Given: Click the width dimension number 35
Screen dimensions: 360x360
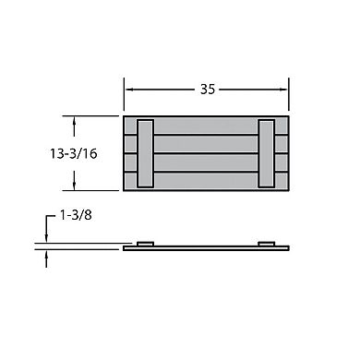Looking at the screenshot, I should pyautogui.click(x=208, y=90).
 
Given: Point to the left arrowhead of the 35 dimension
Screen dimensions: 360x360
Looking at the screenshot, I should pyautogui.click(x=128, y=90).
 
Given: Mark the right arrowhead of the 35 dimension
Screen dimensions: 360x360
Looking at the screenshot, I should pyautogui.click(x=285, y=90).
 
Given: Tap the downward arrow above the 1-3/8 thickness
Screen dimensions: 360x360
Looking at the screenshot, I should pyautogui.click(x=46, y=239).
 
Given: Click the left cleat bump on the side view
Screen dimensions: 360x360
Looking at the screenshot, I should pyautogui.click(x=145, y=244).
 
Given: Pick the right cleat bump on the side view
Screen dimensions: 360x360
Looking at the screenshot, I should pyautogui.click(x=267, y=244).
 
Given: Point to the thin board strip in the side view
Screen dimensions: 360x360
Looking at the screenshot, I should pyautogui.click(x=206, y=247).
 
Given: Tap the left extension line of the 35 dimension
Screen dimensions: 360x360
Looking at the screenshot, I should pyautogui.click(x=124, y=97).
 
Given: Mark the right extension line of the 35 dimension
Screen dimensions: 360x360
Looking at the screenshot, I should pyautogui.click(x=290, y=97).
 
